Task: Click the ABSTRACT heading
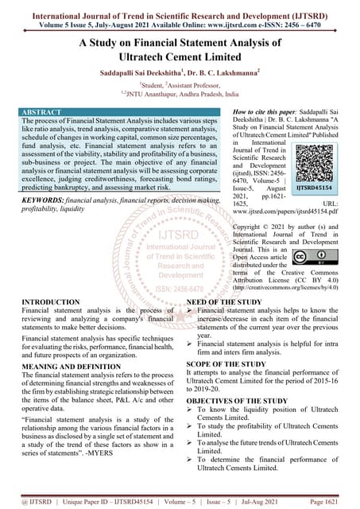(29, 115)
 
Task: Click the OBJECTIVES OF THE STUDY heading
(237, 401)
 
